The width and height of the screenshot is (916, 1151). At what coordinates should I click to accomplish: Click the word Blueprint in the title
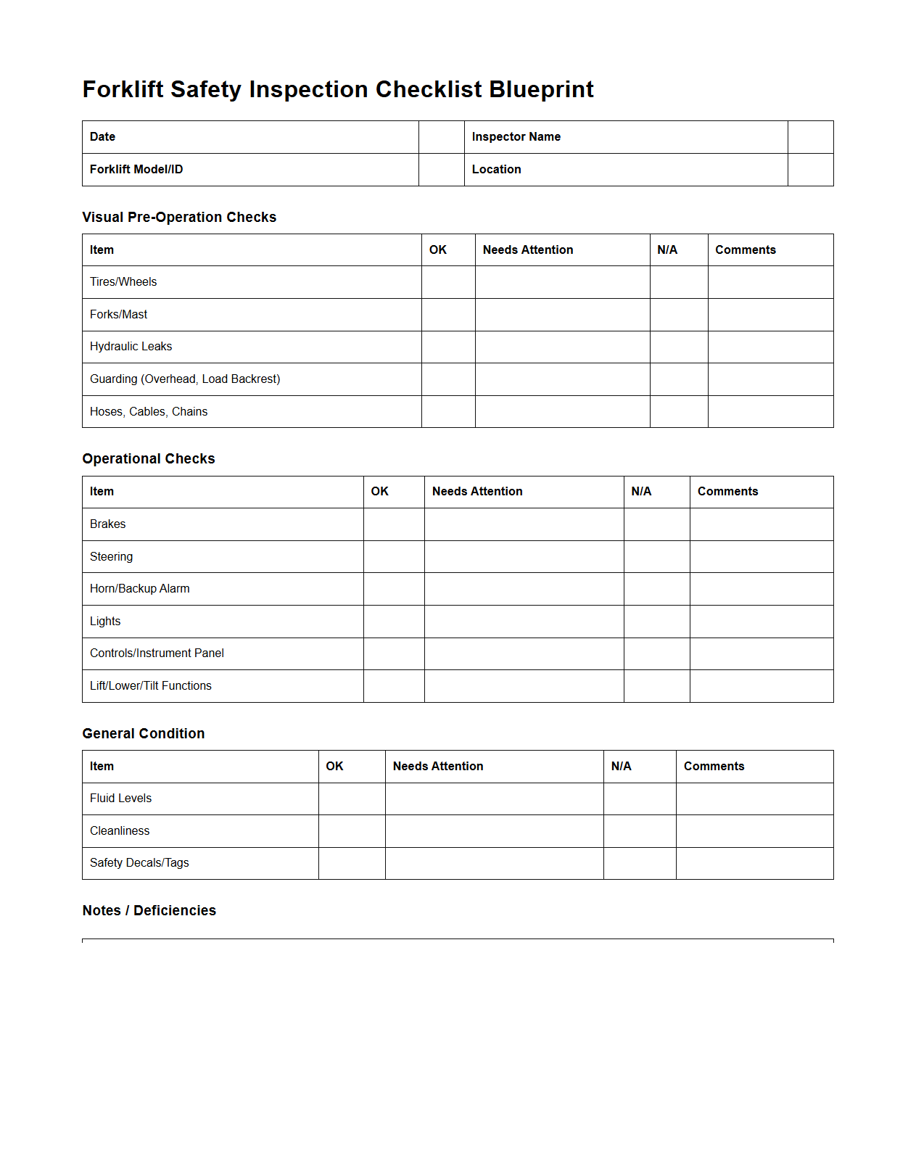541,89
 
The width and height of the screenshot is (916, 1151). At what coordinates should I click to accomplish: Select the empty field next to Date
441,137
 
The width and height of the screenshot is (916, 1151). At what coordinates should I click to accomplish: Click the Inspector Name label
516,137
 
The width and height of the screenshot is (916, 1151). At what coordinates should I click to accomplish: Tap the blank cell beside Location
810,170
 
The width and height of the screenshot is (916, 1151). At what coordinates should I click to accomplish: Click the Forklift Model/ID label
136,170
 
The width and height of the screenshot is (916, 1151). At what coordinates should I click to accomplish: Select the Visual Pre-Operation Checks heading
179,218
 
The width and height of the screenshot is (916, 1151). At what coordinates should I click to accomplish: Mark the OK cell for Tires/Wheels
448,282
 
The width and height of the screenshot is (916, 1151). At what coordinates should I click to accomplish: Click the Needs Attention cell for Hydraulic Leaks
562,347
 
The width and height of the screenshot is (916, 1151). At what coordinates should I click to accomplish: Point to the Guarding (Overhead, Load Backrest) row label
185,379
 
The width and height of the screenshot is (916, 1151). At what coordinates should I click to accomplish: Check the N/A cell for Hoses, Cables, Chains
679,412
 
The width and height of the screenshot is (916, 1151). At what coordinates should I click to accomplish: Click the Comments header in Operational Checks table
727,492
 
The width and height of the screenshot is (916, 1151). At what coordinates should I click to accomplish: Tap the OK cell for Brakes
394,524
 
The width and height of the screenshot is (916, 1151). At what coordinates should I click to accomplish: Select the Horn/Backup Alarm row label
140,589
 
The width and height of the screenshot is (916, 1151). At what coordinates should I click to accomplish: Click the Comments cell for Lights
762,622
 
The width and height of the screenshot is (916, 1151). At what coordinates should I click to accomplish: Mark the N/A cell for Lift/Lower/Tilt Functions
656,686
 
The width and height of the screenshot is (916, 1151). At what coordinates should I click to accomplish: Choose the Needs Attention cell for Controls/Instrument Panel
524,653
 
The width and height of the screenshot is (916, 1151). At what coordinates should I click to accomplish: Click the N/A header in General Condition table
622,767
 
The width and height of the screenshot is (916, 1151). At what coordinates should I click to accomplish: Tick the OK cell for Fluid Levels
352,799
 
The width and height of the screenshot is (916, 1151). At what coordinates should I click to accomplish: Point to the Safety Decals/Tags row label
139,863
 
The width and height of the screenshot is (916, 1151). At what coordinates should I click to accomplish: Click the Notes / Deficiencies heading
149,911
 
